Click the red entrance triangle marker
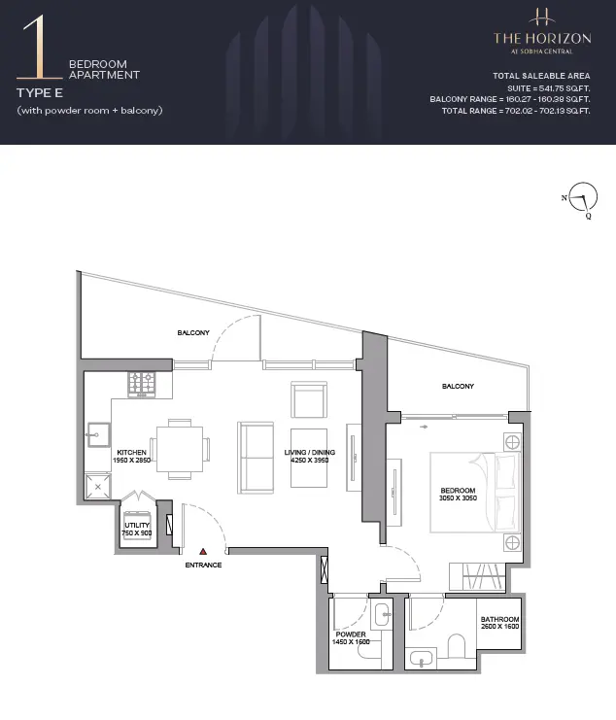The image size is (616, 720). tap(203, 552)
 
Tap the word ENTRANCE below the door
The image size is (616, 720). tap(203, 565)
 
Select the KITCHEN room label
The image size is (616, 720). tap(132, 452)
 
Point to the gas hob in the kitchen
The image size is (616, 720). tap(142, 385)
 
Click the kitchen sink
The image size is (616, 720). tap(98, 434)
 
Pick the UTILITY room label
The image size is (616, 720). tap(137, 525)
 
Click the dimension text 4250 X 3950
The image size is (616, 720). tap(309, 461)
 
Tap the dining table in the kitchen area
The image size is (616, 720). tap(180, 449)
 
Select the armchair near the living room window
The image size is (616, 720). tap(309, 399)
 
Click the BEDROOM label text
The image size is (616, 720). tap(458, 491)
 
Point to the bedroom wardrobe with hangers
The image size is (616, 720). tap(477, 576)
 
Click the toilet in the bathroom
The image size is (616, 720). tap(457, 646)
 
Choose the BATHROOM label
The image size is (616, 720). tap(499, 619)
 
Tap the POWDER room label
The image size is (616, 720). tap(351, 634)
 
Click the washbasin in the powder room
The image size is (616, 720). tap(383, 614)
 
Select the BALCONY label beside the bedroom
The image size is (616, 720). tap(458, 386)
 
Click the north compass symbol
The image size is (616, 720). tap(582, 197)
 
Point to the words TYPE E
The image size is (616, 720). tap(40, 93)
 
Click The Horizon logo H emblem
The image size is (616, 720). tap(542, 17)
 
